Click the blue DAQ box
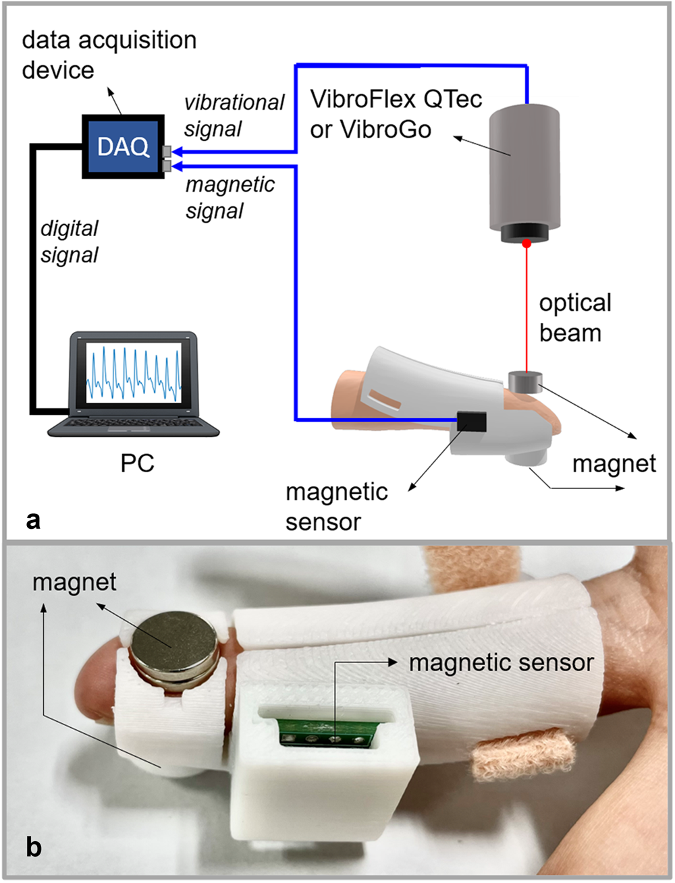click(122, 146)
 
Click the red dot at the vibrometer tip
click(526, 244)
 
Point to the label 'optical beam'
click(574, 318)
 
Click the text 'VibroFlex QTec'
click(396, 99)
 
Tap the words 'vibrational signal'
click(234, 115)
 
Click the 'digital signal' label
click(70, 241)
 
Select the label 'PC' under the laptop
click(137, 463)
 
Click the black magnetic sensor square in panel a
click(472, 421)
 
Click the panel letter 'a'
click(33, 520)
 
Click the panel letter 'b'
click(34, 847)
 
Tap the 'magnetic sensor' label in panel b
click(501, 662)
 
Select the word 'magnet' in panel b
click(74, 581)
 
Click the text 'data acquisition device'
click(109, 55)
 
